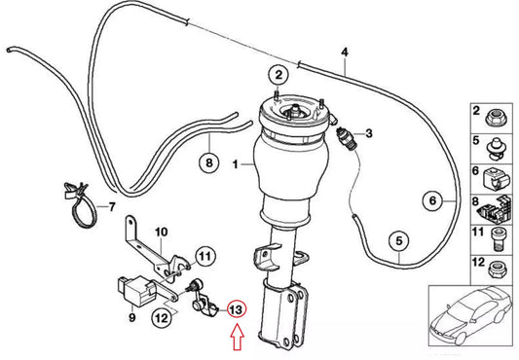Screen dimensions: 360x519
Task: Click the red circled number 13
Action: point(237,310)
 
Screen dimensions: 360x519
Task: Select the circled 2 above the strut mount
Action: point(278,75)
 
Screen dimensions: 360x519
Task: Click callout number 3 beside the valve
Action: point(369,132)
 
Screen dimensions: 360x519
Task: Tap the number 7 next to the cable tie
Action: point(110,207)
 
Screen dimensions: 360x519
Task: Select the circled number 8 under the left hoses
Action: point(206,163)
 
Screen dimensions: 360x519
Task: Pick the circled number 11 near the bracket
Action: point(204,257)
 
